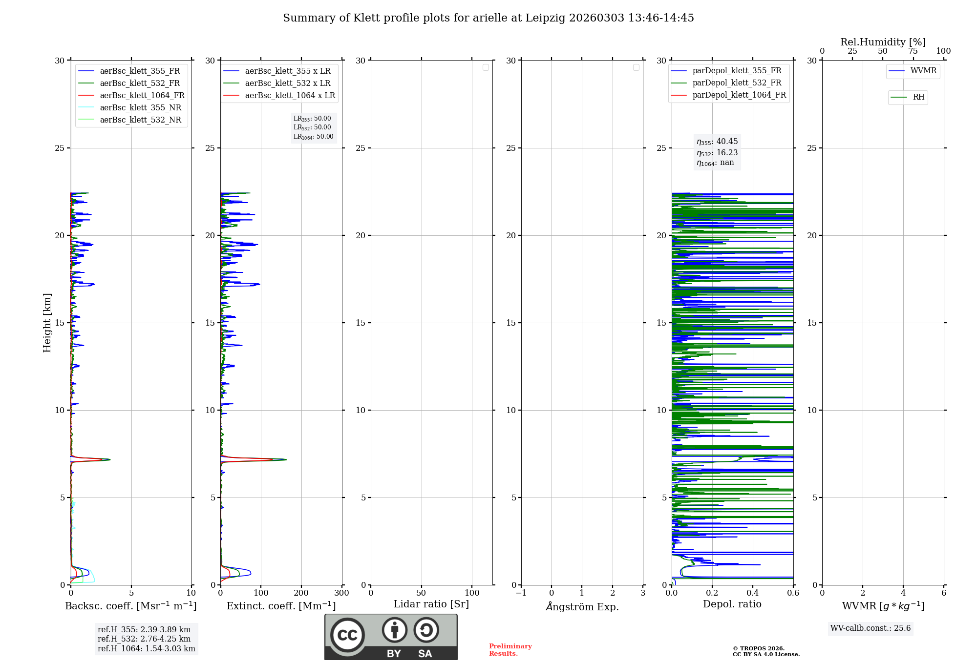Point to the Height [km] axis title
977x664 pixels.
(x=47, y=323)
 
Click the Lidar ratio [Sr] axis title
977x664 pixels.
(x=431, y=604)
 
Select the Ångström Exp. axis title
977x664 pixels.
(x=582, y=606)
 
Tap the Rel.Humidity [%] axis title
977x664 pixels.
(x=883, y=42)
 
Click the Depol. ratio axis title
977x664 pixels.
(x=732, y=604)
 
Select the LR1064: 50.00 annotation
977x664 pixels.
(x=314, y=137)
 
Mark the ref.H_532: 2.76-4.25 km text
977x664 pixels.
(x=144, y=639)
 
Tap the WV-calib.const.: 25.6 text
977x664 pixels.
(x=871, y=628)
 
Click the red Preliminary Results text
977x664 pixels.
(x=510, y=649)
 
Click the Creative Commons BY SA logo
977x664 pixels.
(x=391, y=637)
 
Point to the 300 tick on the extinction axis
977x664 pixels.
(x=342, y=593)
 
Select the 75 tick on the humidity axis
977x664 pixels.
(x=913, y=51)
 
